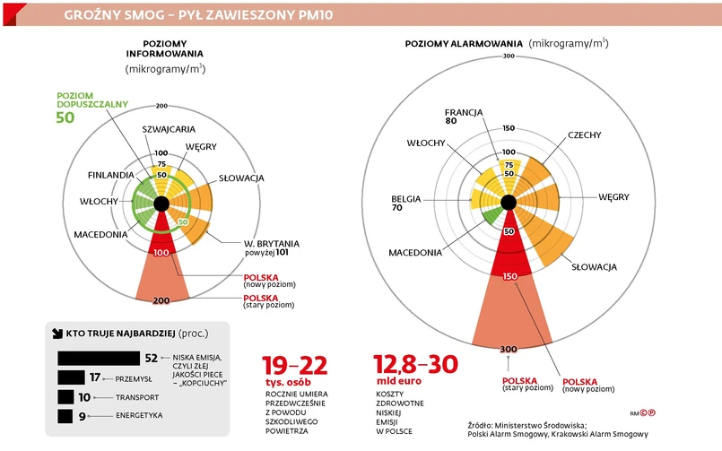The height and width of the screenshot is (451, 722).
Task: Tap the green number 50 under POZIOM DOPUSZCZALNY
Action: point(65,117)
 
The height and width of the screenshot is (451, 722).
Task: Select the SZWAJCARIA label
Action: point(169,129)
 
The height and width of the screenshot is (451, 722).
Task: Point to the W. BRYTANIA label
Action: point(272,243)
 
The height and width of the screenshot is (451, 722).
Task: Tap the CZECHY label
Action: point(584,135)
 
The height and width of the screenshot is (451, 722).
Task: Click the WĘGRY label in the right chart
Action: point(613,196)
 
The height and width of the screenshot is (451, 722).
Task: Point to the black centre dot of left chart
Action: point(161,204)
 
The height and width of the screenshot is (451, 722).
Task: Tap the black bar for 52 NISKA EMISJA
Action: point(97,358)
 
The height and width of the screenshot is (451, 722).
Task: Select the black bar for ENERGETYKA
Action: point(65,416)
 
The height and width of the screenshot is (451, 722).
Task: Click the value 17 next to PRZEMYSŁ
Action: point(94,377)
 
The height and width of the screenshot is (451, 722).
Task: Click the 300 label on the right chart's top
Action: point(509,56)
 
